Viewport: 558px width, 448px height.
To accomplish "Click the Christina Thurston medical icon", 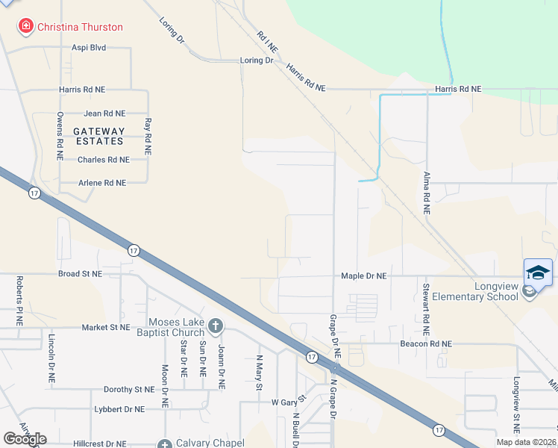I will coord(25,27).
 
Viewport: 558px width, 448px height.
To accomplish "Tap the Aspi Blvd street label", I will coord(89,47).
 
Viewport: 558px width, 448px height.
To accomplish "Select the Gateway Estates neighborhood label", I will coord(98,136).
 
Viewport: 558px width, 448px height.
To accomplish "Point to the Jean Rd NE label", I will coord(104,113).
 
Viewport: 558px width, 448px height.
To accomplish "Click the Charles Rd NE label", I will coord(104,160).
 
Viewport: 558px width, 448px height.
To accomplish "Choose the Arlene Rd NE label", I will coord(102,183).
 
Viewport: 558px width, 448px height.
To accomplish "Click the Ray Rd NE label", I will coord(148,136).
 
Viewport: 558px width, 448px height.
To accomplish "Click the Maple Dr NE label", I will coord(364,276).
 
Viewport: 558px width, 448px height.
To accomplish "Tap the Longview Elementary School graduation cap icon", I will coord(538,272).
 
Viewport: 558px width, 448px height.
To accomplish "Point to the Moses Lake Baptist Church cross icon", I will coord(216,326).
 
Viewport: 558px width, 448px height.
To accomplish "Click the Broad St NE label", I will coord(80,274).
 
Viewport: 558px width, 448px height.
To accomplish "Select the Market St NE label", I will coord(105,327).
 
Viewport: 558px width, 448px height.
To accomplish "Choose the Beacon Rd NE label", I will coord(426,344).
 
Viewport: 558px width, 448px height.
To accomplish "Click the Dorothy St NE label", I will coord(128,390).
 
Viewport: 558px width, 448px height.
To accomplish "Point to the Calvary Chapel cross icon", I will coord(166,443).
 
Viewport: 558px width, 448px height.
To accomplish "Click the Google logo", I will coord(25,439).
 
